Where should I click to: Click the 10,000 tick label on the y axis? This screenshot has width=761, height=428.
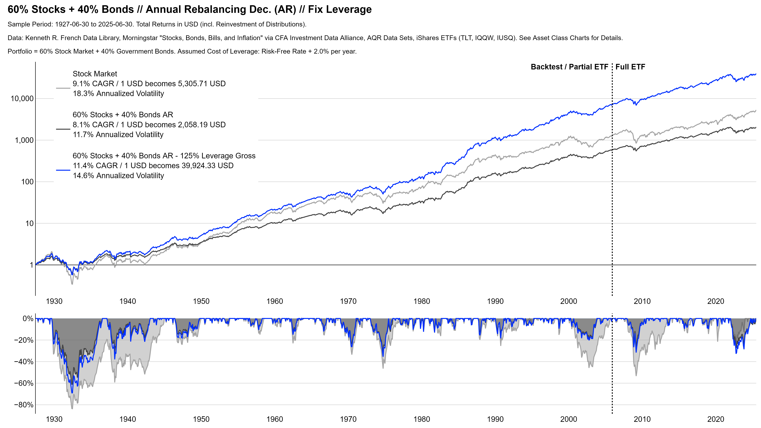click(x=22, y=99)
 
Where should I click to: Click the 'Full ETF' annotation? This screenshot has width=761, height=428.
click(x=630, y=67)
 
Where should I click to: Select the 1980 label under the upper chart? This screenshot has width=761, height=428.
click(x=422, y=302)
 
